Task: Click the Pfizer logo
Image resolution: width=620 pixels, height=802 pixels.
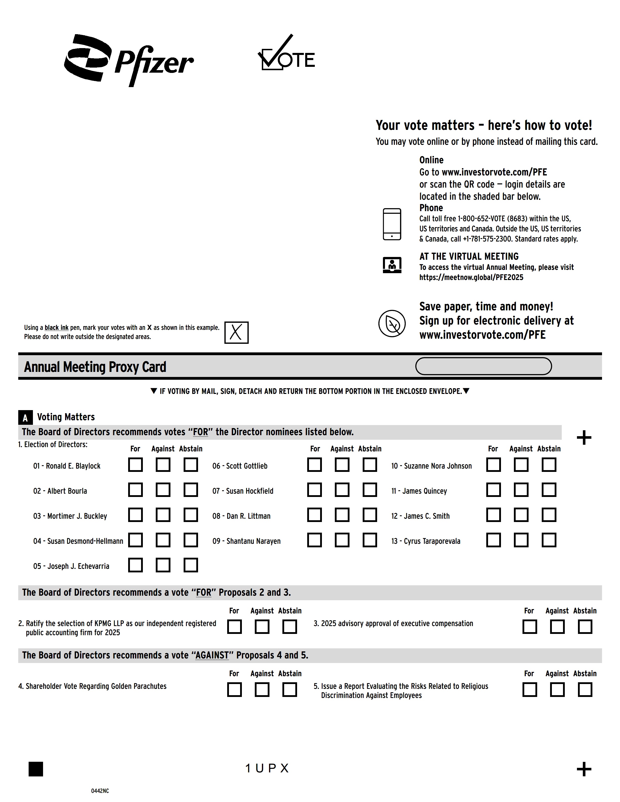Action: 129,61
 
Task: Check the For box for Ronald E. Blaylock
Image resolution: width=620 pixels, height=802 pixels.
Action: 135,465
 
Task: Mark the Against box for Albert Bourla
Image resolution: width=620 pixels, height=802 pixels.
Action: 163,490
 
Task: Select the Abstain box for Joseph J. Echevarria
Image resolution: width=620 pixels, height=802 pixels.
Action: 191,565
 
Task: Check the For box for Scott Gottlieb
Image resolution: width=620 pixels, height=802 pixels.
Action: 314,465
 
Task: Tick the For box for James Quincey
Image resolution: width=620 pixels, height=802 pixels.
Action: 493,490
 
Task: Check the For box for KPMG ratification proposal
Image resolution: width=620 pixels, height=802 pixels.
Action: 234,627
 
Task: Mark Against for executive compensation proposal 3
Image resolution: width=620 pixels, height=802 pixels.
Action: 557,627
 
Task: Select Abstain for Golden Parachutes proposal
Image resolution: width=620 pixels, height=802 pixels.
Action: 289,689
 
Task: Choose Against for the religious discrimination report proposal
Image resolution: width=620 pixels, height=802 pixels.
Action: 557,689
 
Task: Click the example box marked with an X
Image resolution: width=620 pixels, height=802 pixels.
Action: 236,332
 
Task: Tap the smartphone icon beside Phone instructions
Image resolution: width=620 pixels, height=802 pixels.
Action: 392,224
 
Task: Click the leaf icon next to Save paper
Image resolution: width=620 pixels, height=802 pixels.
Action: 392,323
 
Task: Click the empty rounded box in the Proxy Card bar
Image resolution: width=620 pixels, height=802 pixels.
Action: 483,366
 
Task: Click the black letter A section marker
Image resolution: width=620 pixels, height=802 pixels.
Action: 25,417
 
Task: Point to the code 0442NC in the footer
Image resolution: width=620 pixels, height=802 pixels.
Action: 100,791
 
